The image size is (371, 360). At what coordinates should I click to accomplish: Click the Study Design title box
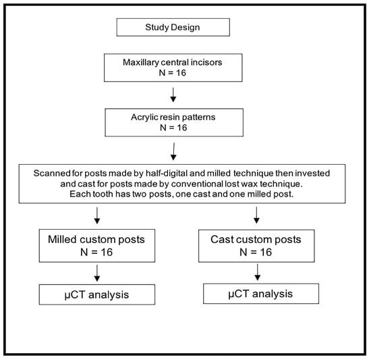pos(173,27)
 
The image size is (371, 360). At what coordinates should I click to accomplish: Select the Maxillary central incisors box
pos(173,68)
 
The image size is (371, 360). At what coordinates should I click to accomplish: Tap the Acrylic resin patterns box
pos(174,122)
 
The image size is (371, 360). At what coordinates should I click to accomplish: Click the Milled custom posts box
pos(97,246)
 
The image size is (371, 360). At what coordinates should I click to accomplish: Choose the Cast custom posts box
pos(256,246)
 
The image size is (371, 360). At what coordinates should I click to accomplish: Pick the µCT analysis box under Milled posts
pos(97,294)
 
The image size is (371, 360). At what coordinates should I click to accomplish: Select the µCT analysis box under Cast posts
pos(261,293)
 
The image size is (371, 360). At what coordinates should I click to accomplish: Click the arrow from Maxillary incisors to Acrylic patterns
pos(173,95)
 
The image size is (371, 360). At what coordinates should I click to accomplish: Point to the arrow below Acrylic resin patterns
pos(173,151)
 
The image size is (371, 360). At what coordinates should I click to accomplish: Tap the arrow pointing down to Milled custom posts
pos(97,215)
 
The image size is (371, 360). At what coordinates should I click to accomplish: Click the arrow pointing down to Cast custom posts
pos(256,215)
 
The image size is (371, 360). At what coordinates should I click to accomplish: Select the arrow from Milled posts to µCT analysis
pos(97,273)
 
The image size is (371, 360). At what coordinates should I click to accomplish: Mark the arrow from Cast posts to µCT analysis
pos(258,272)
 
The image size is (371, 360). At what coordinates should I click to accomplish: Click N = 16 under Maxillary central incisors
pos(173,73)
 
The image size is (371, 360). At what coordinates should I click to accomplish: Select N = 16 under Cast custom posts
pos(256,252)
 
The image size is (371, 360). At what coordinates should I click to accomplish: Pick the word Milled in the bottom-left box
pos(63,240)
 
